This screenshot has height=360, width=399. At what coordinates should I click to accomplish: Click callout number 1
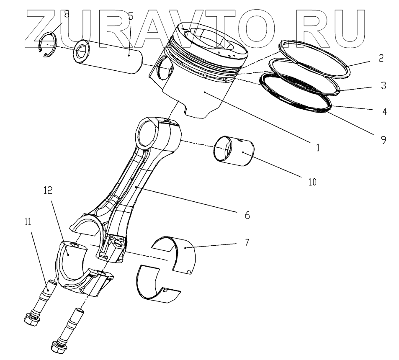click(x=317, y=148)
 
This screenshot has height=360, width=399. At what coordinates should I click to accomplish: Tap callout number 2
click(x=381, y=59)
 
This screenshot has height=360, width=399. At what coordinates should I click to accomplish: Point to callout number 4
click(x=384, y=112)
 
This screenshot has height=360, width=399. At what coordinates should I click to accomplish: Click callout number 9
click(x=383, y=139)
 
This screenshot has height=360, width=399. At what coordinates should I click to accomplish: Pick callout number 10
click(x=312, y=182)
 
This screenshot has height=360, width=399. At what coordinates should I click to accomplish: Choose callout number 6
click(x=247, y=215)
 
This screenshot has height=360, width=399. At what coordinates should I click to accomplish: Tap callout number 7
click(x=247, y=242)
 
